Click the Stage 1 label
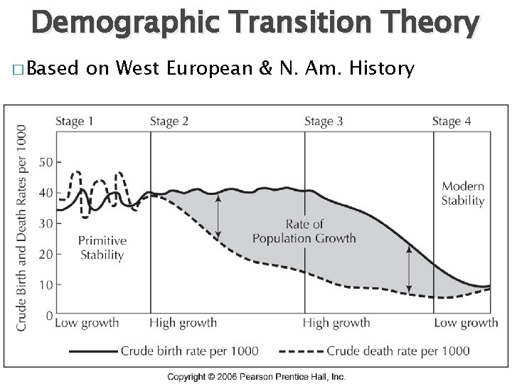75,122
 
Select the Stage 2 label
169,122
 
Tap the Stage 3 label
324,122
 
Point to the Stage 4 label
452,122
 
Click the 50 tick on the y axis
45,161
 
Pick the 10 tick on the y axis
45,284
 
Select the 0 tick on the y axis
48,314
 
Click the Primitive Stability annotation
102,247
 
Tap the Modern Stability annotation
463,193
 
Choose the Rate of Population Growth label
304,231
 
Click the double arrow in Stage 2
218,216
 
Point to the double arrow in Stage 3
409,270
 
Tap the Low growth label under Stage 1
87,323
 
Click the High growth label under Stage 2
183,323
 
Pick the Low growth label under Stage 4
466,323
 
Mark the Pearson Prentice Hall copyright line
256,375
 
